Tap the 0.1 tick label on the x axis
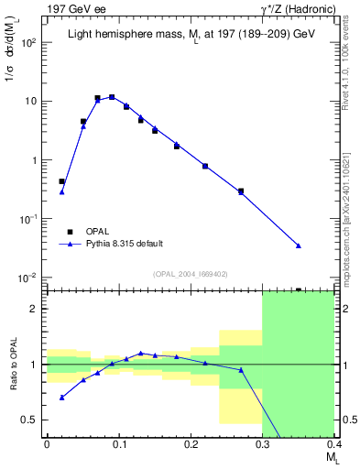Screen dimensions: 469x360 [118, 444]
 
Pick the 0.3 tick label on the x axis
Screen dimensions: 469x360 [262, 444]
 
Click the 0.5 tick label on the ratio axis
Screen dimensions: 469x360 [32, 420]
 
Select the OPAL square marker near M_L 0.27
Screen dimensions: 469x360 [241, 191]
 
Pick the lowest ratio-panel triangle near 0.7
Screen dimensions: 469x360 [61, 398]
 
